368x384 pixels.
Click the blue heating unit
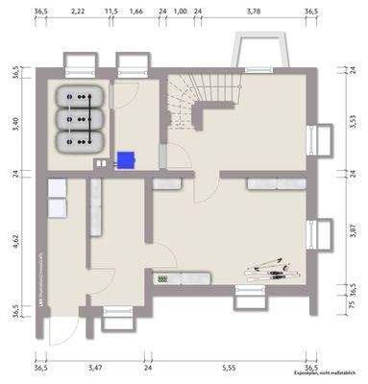click(125, 160)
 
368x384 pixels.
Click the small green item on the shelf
click(162, 278)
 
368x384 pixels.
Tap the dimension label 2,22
click(78, 11)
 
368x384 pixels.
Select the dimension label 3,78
click(254, 11)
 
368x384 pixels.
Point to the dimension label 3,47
click(94, 368)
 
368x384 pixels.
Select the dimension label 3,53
click(352, 122)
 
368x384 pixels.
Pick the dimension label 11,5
click(110, 11)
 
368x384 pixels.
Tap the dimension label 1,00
click(180, 11)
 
